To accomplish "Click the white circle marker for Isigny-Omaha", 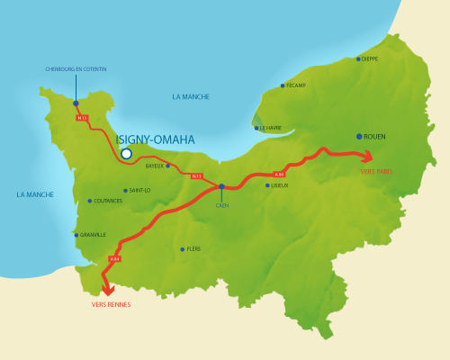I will point(126,154).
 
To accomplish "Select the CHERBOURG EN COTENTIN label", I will point(76,67).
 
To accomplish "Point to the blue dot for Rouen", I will point(359,137).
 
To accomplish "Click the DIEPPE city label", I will point(369,58).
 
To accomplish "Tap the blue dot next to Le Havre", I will point(256,128).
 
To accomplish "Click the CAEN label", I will point(221,205).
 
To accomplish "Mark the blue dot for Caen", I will point(221,187).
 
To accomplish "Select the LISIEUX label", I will point(278,185).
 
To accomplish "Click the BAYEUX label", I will point(155,166).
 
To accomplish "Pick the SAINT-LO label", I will point(139,190).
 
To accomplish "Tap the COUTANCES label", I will point(107,201).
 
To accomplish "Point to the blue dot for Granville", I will point(76,235).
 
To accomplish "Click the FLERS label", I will point(193,249).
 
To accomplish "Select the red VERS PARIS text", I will point(376,171).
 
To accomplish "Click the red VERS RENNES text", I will point(111,304).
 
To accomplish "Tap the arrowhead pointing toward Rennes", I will point(108,290).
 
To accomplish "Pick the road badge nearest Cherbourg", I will point(81,117).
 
